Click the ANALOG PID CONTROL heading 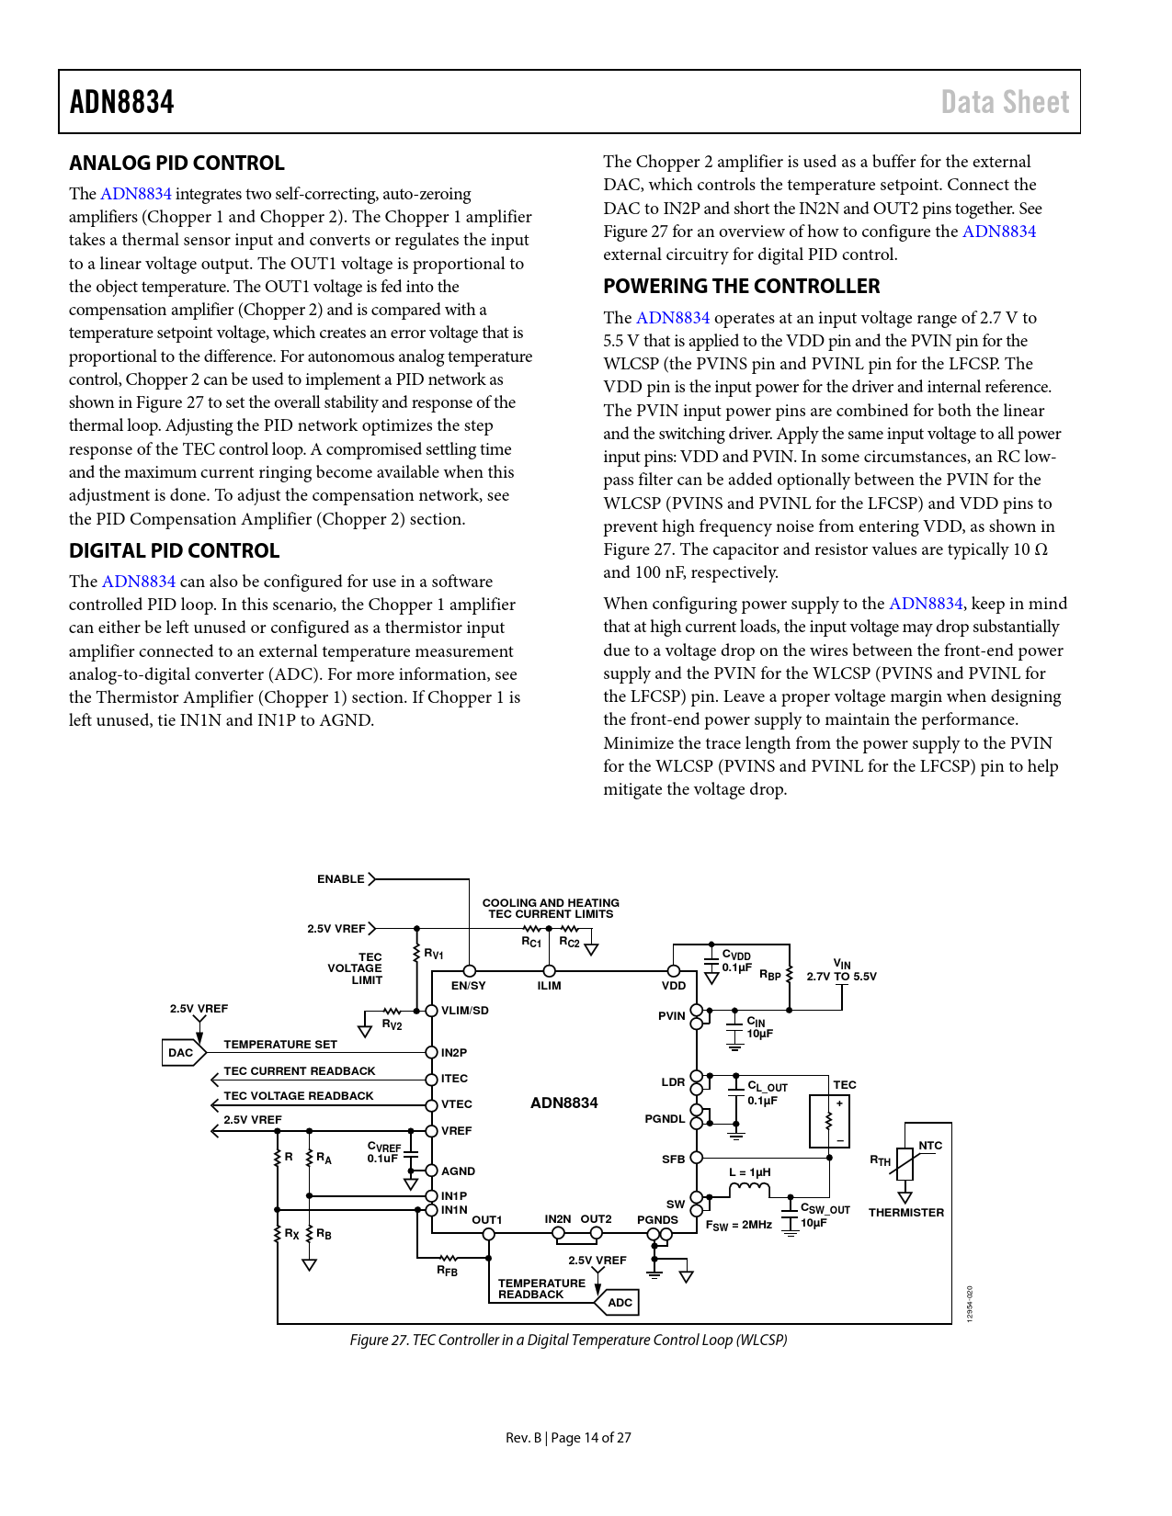pyautogui.click(x=176, y=164)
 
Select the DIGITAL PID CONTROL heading pyautogui.click(x=174, y=551)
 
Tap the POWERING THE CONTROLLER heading pyautogui.click(x=741, y=287)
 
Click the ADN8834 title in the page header pyautogui.click(x=122, y=102)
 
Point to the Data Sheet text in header pyautogui.click(x=1005, y=102)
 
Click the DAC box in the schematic pyautogui.click(x=181, y=1053)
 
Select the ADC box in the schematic pyautogui.click(x=620, y=1302)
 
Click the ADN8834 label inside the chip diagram pyautogui.click(x=563, y=1103)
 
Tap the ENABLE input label pyautogui.click(x=341, y=879)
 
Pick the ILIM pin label pyautogui.click(x=549, y=986)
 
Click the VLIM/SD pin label pyautogui.click(x=465, y=1011)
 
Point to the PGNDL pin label pyautogui.click(x=665, y=1119)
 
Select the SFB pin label pyautogui.click(x=673, y=1160)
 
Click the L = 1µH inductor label pyautogui.click(x=749, y=1172)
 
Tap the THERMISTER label pyautogui.click(x=905, y=1213)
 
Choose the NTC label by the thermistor pyautogui.click(x=930, y=1146)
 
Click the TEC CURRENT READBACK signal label pyautogui.click(x=300, y=1071)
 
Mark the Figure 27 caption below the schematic pyautogui.click(x=568, y=1341)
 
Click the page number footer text pyautogui.click(x=568, y=1438)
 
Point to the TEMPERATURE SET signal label pyautogui.click(x=280, y=1045)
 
